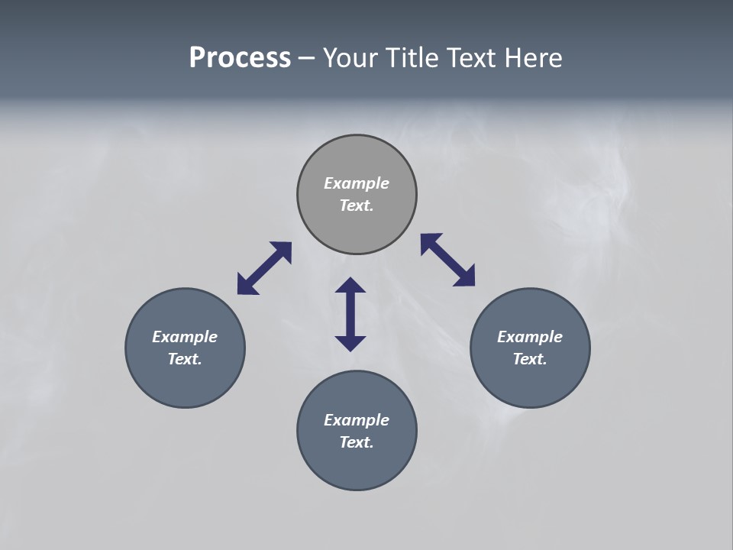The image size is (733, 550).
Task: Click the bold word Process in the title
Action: [x=240, y=58]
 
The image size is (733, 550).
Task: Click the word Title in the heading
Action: [x=411, y=58]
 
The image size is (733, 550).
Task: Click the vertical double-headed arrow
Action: [x=350, y=315]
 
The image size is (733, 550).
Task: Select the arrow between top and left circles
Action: [x=264, y=268]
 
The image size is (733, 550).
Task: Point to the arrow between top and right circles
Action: [x=447, y=260]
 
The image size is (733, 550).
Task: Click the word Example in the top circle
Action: [x=357, y=183]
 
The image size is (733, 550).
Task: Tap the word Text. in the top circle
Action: [x=357, y=205]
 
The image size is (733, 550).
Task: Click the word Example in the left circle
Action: [x=185, y=337]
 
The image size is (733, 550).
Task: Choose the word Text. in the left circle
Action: [x=185, y=359]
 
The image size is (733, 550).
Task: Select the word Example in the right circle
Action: [x=530, y=337]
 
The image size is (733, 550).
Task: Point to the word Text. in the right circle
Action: [x=530, y=359]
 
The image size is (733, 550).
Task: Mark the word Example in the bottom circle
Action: [x=357, y=420]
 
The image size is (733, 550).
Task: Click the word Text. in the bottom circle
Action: [x=357, y=442]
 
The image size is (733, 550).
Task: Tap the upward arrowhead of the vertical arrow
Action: [x=350, y=286]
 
